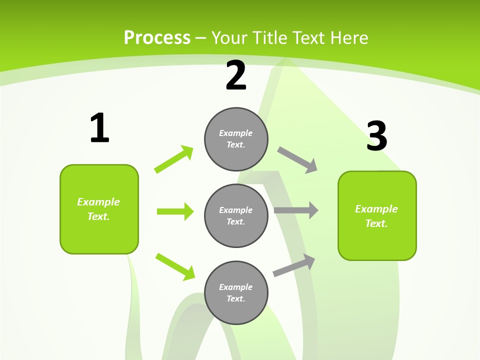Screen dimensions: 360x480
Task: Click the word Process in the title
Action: click(157, 38)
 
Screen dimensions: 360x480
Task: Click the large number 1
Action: click(99, 128)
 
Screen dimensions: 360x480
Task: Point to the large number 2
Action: click(236, 76)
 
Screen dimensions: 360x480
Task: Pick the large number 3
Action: click(376, 136)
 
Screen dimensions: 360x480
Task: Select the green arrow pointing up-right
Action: click(174, 159)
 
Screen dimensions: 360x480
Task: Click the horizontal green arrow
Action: click(175, 211)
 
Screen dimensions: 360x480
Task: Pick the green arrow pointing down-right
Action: click(175, 266)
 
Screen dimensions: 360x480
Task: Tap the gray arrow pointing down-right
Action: click(297, 159)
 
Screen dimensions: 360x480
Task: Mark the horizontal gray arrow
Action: click(296, 210)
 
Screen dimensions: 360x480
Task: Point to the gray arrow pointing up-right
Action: click(294, 265)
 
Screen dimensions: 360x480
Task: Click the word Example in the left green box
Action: click(98, 202)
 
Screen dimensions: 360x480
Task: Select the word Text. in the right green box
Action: click(376, 223)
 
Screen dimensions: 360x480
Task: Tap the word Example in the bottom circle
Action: click(236, 287)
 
